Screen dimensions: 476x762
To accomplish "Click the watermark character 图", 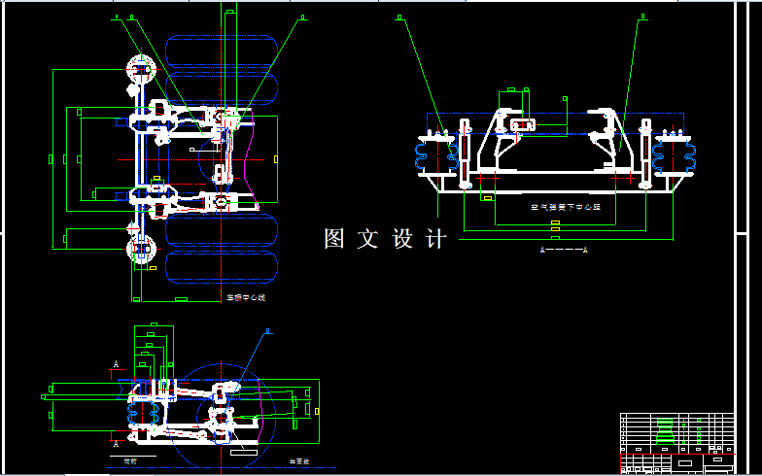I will (335, 238).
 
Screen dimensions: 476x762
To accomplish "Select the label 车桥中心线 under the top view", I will (245, 297).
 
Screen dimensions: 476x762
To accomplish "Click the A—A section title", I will (564, 250).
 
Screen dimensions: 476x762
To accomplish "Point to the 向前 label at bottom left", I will (129, 460).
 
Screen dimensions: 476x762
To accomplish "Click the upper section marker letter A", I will (117, 364).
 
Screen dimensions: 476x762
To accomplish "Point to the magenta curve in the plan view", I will (255, 155).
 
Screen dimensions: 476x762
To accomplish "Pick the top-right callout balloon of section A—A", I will (641, 17).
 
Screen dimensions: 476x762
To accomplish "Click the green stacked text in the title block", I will (665, 432).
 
